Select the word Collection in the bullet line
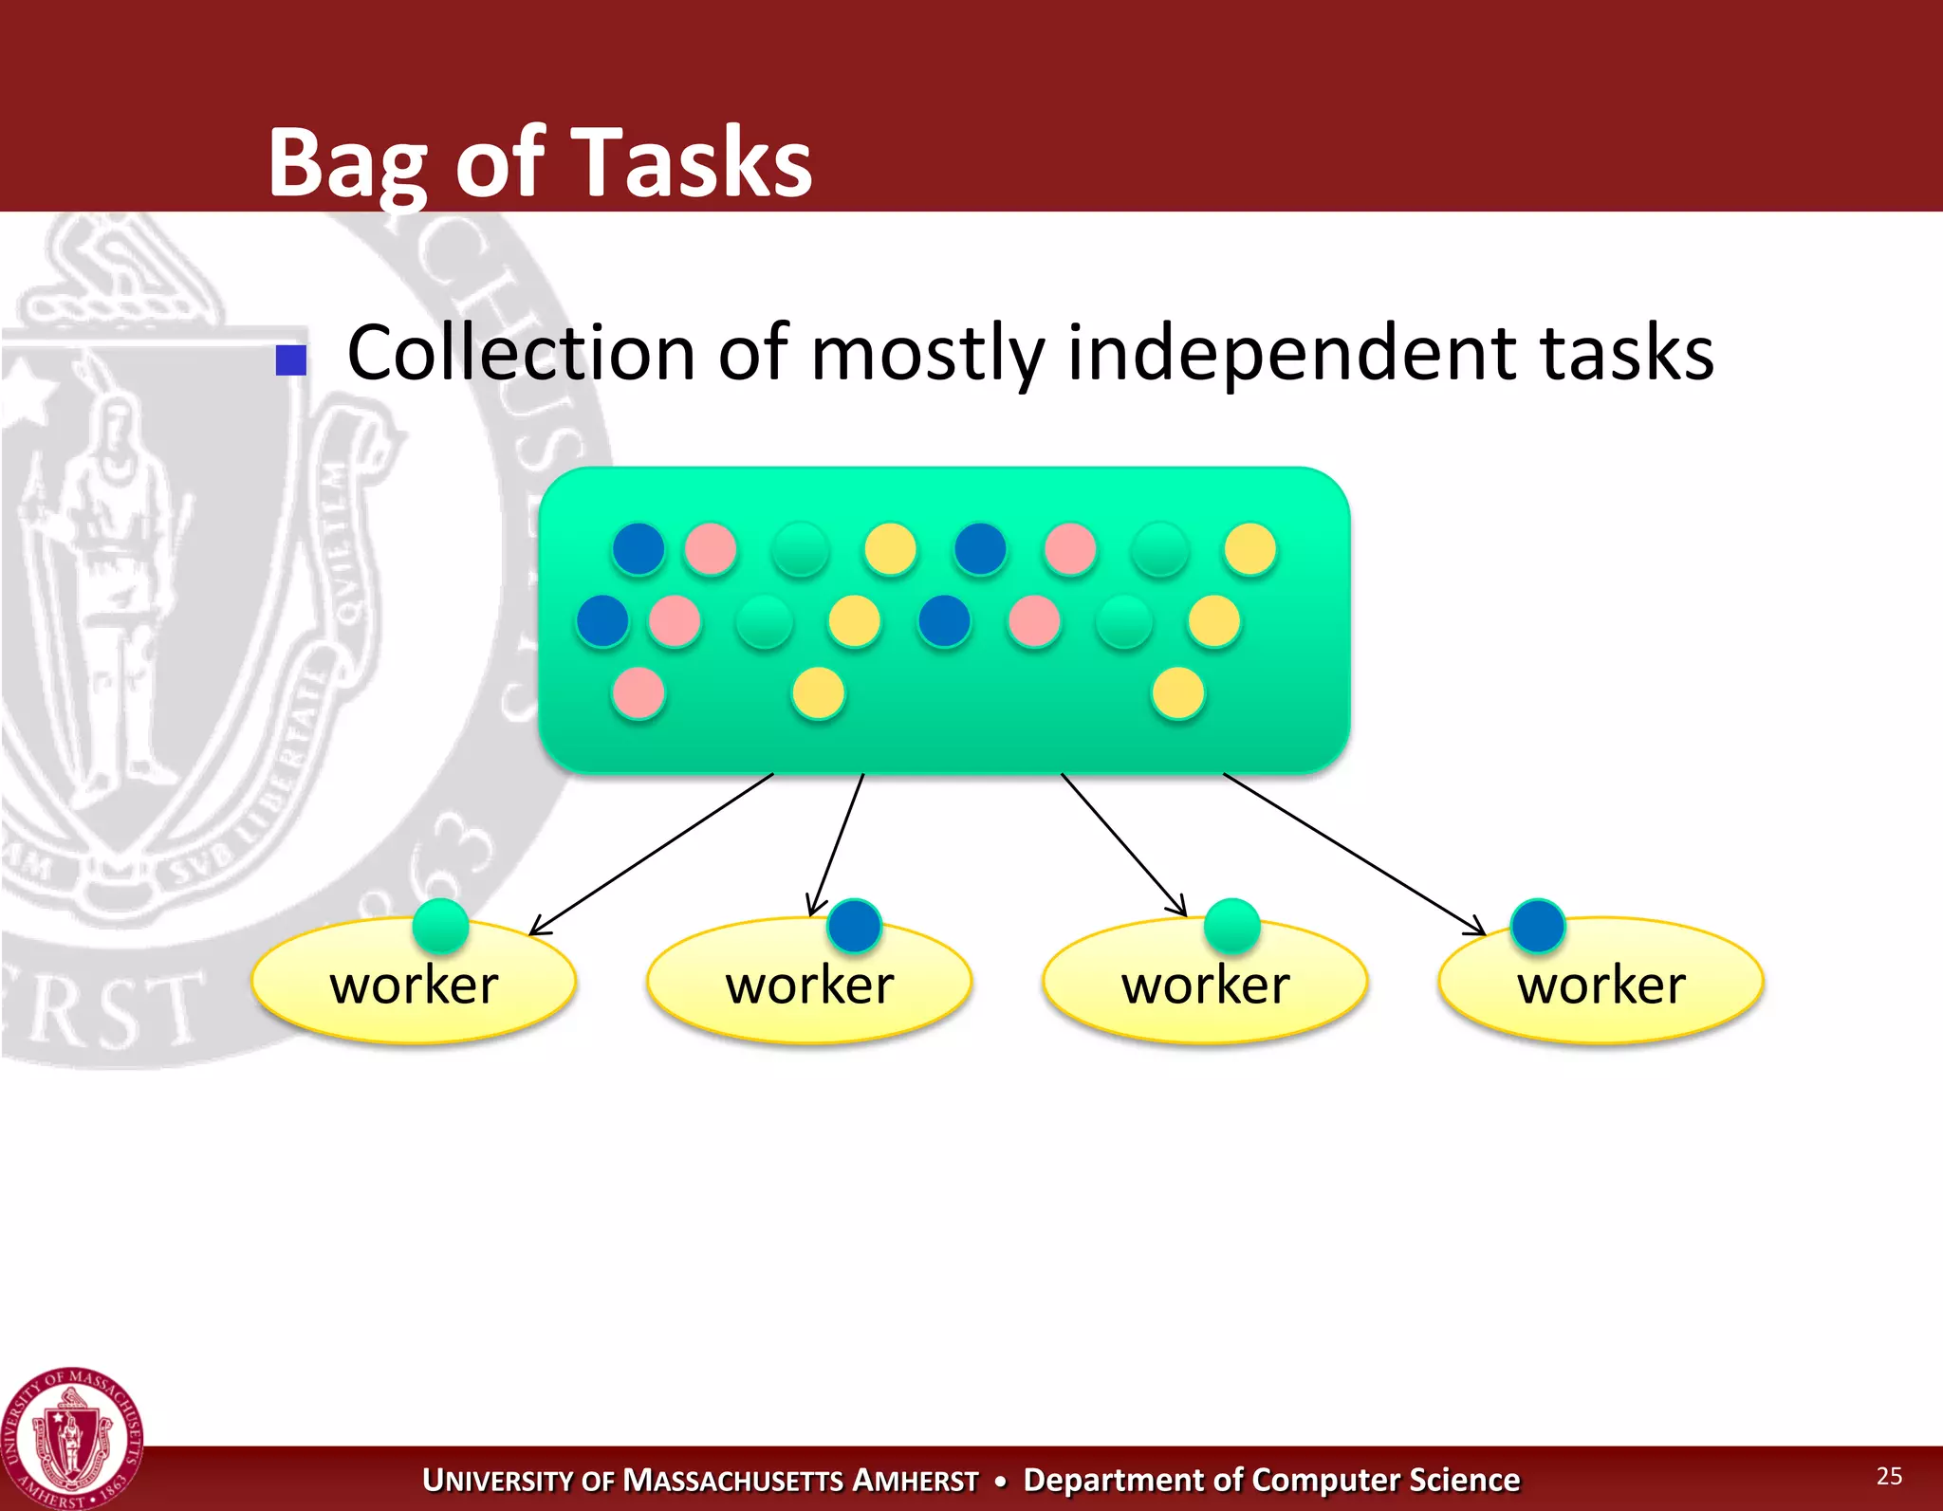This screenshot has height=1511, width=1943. pyautogui.click(x=521, y=353)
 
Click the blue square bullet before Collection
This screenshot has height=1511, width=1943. pyautogui.click(x=291, y=360)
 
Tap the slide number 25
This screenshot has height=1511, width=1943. pyautogui.click(x=1889, y=1475)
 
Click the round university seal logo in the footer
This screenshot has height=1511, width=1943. pyautogui.click(x=72, y=1438)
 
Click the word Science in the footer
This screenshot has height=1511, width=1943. pyautogui.click(x=1464, y=1481)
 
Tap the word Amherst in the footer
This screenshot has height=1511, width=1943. pyautogui.click(x=915, y=1481)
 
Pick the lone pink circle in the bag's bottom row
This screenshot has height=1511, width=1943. pyautogui.click(x=638, y=693)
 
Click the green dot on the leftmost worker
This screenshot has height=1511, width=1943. pyautogui.click(x=441, y=926)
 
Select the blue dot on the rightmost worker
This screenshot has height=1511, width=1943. pyautogui.click(x=1538, y=926)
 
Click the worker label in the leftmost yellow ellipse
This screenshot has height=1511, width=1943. pyautogui.click(x=414, y=985)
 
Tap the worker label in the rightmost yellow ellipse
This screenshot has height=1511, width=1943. pyautogui.click(x=1601, y=985)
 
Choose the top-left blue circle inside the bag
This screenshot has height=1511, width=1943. pyautogui.click(x=638, y=549)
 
